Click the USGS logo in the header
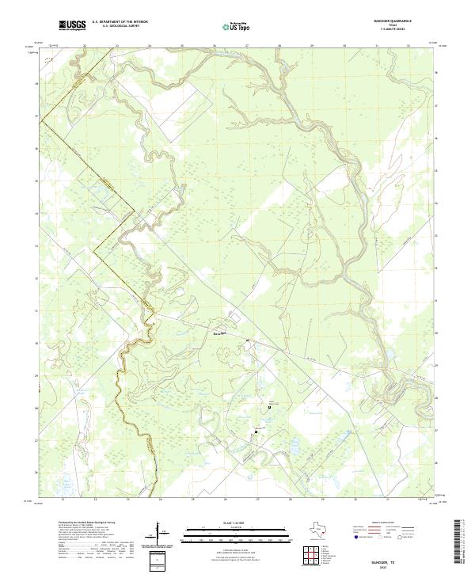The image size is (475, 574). click(x=73, y=26)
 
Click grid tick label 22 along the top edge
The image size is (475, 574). click(x=84, y=45)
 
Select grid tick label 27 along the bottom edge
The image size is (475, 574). click(x=258, y=500)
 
